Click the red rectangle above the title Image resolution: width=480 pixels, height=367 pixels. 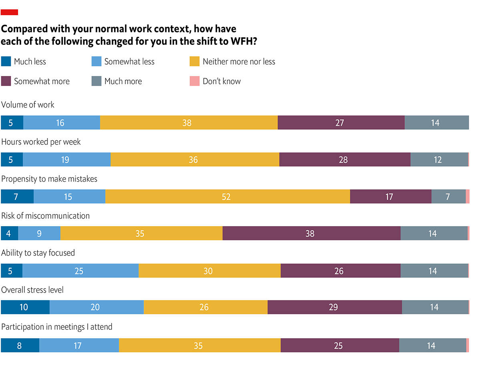(x=10, y=12)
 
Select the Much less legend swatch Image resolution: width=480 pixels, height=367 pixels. (x=6, y=62)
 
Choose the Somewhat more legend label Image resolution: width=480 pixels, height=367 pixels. (x=42, y=81)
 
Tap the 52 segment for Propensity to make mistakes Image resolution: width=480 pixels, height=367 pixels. (x=227, y=197)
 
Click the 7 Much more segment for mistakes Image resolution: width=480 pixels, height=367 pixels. (x=448, y=197)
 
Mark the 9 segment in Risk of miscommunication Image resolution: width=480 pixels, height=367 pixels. (x=39, y=233)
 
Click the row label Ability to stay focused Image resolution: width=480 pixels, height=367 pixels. (x=38, y=253)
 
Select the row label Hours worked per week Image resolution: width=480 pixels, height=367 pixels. (x=41, y=142)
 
